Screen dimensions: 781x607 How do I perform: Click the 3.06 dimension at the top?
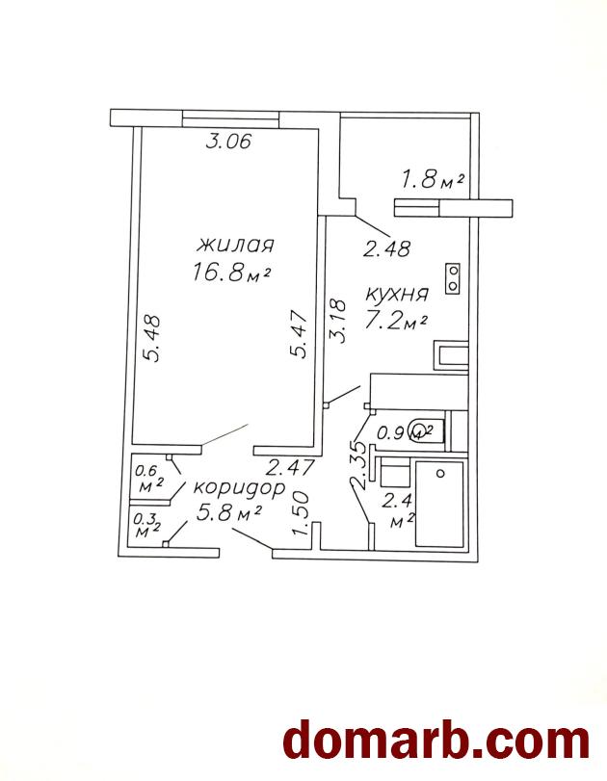tap(229, 143)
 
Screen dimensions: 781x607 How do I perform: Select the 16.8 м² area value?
tap(230, 273)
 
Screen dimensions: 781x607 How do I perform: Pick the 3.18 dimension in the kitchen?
tap(337, 320)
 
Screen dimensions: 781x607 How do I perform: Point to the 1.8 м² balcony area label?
tap(433, 178)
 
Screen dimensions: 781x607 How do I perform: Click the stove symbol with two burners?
tap(453, 278)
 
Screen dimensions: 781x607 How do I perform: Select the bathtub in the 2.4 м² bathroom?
tap(440, 504)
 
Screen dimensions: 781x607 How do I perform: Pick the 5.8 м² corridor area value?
tap(229, 513)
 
